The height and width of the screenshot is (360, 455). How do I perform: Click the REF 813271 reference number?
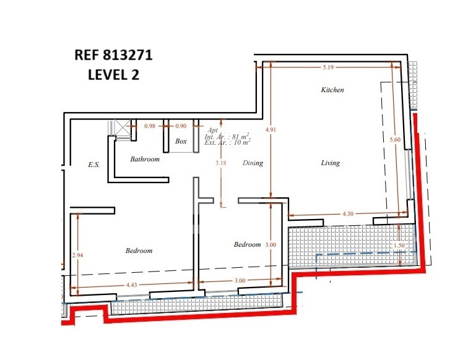(x=113, y=55)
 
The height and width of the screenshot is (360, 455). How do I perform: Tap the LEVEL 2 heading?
(x=113, y=75)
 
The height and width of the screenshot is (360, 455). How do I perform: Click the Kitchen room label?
(x=332, y=90)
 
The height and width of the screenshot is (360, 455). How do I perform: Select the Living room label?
(x=330, y=163)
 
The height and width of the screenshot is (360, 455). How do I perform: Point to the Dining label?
(x=253, y=163)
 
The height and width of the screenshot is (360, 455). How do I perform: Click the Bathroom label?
(x=145, y=159)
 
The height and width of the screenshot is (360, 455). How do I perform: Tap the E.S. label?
(x=93, y=165)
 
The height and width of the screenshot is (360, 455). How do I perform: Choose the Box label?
(x=181, y=141)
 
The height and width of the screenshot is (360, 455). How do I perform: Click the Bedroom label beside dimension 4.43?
(x=139, y=251)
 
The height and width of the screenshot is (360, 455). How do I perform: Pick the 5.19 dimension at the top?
(x=328, y=67)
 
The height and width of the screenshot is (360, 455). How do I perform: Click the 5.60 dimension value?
(x=395, y=140)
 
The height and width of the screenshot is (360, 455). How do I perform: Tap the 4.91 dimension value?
(x=271, y=130)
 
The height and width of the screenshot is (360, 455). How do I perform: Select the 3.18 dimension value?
(x=221, y=163)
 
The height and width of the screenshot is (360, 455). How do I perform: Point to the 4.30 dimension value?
(x=348, y=214)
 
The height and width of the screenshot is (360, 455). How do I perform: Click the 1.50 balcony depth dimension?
(x=399, y=245)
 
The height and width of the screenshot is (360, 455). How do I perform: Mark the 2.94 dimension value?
(x=77, y=255)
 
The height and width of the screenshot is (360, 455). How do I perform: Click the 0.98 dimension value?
(x=150, y=126)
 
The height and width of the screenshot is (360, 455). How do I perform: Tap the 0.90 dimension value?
(x=181, y=126)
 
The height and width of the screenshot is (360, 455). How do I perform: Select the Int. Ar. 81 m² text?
(x=228, y=137)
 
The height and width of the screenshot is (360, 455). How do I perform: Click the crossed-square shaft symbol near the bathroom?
(x=122, y=127)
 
